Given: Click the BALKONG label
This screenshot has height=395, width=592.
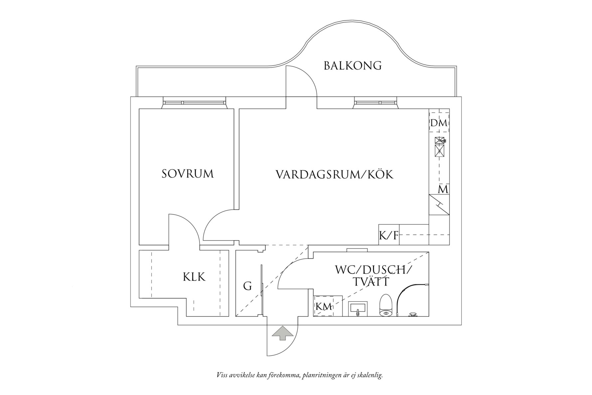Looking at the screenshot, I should [x=353, y=66].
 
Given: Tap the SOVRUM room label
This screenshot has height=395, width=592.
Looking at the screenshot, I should [x=188, y=174].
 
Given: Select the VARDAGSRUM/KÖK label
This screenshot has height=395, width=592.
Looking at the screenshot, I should [x=334, y=174].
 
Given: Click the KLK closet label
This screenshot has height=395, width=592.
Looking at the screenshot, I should [x=194, y=277].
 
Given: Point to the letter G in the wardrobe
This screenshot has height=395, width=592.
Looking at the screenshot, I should [x=247, y=286].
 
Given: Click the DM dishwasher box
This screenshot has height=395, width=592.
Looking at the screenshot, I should [x=439, y=123].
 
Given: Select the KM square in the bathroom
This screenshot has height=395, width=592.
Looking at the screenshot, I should [x=324, y=306].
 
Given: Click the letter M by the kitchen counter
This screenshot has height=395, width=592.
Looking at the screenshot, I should [x=443, y=190].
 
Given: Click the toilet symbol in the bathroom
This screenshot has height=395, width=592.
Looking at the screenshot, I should [x=386, y=305].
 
